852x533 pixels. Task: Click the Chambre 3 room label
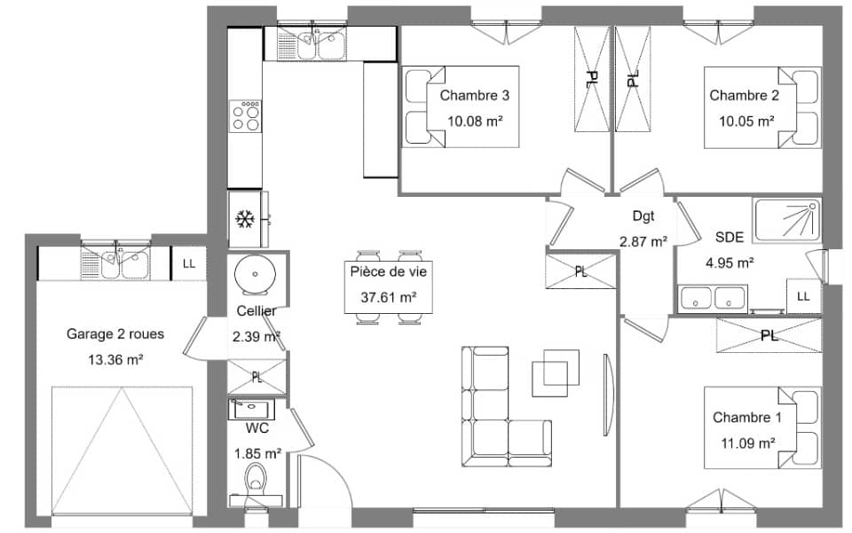tap(474, 96)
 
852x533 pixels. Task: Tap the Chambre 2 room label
tap(744, 96)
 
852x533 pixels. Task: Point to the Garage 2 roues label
tap(115, 334)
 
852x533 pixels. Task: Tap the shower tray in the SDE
tap(786, 221)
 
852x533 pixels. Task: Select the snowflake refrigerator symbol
tap(244, 218)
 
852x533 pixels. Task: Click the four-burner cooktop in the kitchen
tap(246, 116)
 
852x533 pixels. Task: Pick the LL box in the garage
tap(189, 263)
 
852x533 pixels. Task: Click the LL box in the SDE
tap(803, 295)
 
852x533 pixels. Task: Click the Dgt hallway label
tap(643, 216)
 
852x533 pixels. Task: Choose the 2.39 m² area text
tap(256, 337)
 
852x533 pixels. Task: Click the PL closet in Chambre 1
tap(769, 336)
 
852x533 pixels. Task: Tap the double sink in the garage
tap(114, 263)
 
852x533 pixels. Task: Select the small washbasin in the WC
tap(251, 410)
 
